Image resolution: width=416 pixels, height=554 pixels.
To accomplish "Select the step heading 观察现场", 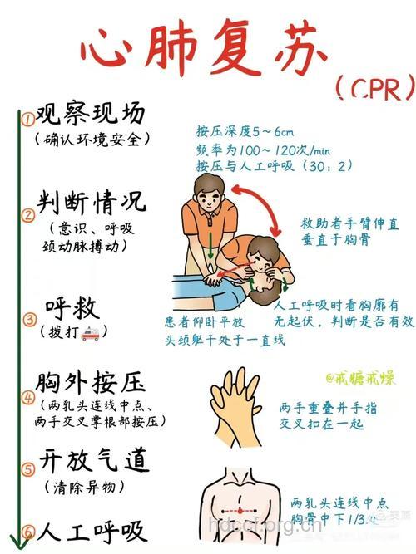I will tap(91, 114).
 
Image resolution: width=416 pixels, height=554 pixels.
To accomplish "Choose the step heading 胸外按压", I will tap(91, 383).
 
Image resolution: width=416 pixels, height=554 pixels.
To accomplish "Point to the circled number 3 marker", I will tap(28, 318).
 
